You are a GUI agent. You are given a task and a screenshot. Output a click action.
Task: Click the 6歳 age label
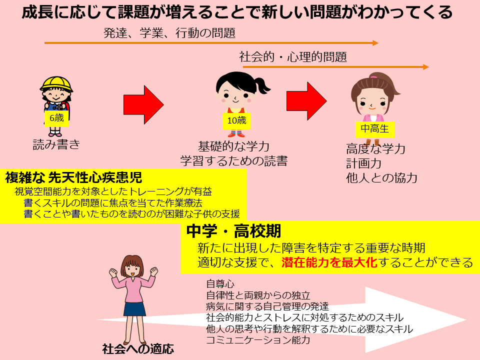(x=56, y=118)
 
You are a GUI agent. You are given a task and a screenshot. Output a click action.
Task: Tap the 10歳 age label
(x=236, y=120)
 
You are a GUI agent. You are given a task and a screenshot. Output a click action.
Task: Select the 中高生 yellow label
(x=374, y=129)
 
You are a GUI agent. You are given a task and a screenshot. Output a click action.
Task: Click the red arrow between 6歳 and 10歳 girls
(x=143, y=104)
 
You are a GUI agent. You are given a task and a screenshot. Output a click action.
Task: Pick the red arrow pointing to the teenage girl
(x=306, y=101)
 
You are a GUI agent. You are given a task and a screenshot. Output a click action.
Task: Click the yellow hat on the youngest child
(x=56, y=84)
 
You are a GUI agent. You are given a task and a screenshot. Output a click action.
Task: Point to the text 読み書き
(x=56, y=144)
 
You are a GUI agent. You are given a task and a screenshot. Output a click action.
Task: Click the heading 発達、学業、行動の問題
(x=169, y=33)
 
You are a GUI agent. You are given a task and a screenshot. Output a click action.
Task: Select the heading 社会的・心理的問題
(x=293, y=57)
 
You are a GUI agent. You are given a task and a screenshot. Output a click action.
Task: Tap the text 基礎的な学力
(x=233, y=146)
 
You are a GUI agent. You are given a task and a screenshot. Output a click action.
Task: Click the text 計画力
(x=363, y=163)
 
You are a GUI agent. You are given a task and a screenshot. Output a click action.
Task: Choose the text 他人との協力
(x=381, y=178)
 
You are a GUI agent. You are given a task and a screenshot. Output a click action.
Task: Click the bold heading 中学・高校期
(x=233, y=231)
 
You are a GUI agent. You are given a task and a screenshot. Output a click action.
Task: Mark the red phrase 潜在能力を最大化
(x=329, y=262)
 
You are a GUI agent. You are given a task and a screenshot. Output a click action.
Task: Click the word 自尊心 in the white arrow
(x=220, y=284)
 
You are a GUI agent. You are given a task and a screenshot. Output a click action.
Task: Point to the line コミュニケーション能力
(x=258, y=340)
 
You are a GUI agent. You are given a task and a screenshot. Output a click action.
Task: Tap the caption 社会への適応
(x=138, y=349)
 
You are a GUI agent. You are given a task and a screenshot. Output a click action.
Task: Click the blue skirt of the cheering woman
(x=134, y=309)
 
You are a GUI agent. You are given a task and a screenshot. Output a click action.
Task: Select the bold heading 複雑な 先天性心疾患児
(x=74, y=177)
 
